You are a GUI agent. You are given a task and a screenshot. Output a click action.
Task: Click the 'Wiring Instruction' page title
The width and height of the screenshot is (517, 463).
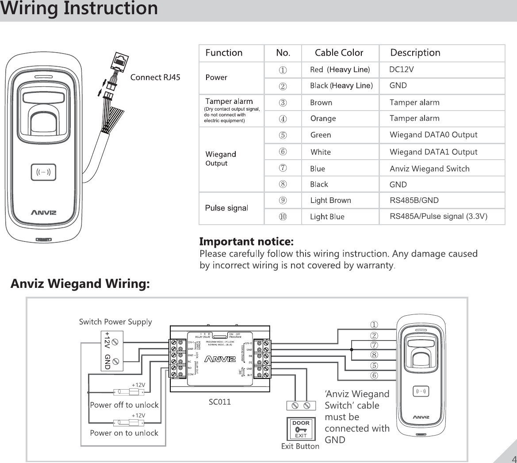79,9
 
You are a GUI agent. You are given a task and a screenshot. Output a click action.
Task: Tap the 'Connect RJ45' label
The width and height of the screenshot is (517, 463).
155,78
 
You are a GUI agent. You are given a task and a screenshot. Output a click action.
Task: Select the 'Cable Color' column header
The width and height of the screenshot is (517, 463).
339,53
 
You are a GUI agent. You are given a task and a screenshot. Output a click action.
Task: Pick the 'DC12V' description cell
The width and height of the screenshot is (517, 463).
401,69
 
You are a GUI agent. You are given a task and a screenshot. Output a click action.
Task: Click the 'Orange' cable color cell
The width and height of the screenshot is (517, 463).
323,119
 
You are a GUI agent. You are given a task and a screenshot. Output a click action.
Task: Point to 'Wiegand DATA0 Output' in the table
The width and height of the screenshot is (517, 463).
433,135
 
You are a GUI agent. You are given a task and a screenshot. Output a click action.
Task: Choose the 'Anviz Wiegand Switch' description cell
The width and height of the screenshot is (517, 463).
429,168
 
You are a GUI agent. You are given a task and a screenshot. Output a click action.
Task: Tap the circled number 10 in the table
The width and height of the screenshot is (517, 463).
283,216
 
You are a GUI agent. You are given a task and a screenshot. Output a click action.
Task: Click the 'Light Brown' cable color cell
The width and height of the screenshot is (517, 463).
330,200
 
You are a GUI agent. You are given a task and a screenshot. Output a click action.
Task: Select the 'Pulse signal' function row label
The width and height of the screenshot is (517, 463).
227,208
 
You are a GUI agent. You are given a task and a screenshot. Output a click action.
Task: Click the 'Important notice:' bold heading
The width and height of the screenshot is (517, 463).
246,242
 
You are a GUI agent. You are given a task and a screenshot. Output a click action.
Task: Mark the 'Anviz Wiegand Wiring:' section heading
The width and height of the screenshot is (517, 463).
80,283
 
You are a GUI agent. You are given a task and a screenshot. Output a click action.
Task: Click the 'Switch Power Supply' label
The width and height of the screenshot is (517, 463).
115,321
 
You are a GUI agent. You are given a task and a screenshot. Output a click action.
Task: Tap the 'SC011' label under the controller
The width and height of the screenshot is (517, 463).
219,402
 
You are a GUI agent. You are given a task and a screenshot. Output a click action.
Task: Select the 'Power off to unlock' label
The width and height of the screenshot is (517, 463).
124,405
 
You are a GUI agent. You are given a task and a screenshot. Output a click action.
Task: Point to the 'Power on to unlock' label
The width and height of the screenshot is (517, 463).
124,433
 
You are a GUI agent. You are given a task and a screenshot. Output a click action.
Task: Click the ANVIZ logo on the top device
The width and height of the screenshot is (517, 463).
43,212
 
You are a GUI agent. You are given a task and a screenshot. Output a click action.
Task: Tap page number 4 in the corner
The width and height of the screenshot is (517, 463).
513,458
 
